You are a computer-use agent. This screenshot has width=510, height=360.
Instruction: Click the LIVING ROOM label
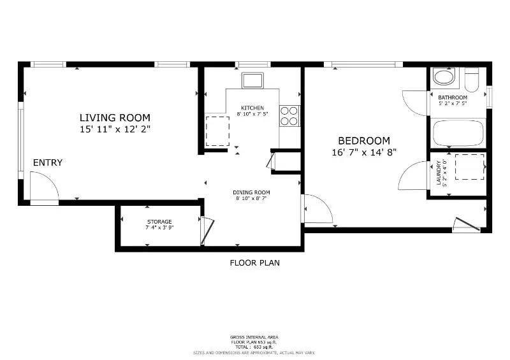coord(115,117)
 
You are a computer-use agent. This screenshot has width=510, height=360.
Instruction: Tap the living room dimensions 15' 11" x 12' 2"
coord(115,129)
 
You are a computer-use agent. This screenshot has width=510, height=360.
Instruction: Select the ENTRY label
coord(48,163)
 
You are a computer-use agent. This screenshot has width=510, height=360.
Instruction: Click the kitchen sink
coord(252,80)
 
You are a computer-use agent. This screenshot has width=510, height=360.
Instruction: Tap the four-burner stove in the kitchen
coord(289,115)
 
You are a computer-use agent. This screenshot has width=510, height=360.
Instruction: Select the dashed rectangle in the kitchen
coord(217,131)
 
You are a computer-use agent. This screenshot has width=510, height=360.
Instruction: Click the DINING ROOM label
coord(251,192)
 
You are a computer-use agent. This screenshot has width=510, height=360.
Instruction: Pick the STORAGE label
coord(159,222)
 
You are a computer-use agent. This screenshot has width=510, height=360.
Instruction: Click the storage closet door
coord(207,231)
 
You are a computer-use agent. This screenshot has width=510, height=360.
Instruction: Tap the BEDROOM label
coord(363,140)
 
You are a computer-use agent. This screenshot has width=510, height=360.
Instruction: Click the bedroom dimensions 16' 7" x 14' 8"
coord(363,152)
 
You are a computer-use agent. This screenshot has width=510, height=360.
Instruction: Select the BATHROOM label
coord(453,97)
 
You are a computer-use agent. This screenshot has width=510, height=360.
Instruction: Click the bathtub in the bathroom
coord(458,133)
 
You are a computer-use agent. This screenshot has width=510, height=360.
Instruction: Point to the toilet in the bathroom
coord(472,81)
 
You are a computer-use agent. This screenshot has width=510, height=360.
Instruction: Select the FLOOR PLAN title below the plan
coord(254,263)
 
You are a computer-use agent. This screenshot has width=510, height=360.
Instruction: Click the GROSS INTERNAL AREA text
coord(254,337)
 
